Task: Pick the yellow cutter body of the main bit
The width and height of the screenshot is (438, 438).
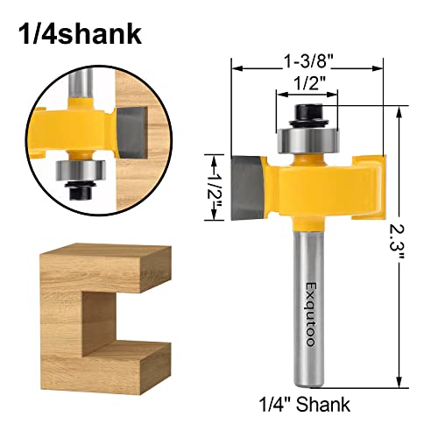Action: pyautogui.click(x=307, y=188)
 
